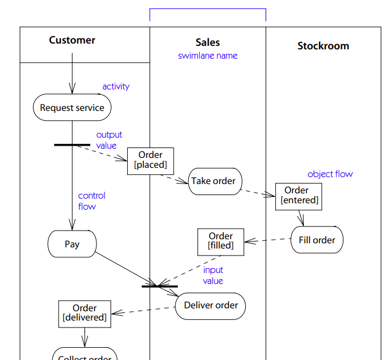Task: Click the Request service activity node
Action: [72, 108]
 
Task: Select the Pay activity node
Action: [72, 244]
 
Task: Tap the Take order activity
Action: [213, 181]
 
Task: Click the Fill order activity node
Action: [317, 240]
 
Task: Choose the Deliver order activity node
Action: [210, 305]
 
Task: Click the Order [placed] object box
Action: [150, 160]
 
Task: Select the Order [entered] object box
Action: [299, 196]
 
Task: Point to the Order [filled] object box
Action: [221, 242]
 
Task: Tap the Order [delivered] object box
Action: [84, 314]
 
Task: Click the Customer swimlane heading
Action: [72, 40]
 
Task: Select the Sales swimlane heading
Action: [207, 42]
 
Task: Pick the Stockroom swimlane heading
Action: [323, 46]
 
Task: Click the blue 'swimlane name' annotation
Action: [207, 56]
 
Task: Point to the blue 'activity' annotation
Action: [116, 87]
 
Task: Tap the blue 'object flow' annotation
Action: [329, 174]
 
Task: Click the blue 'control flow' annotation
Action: [92, 201]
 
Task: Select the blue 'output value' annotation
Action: [109, 141]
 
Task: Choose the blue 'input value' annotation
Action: [213, 275]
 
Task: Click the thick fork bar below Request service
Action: [72, 145]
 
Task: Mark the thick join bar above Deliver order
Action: [160, 286]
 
